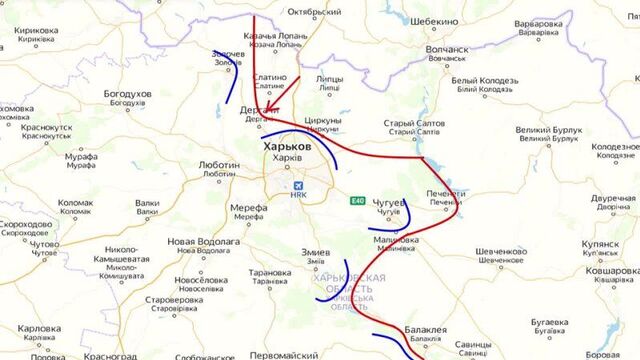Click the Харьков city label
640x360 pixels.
point(286,147)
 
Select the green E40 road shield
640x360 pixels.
point(358,201)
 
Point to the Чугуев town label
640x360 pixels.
point(389,201)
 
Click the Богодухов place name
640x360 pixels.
point(128,94)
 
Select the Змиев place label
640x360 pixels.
point(316,251)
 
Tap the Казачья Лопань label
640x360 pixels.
point(274,37)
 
